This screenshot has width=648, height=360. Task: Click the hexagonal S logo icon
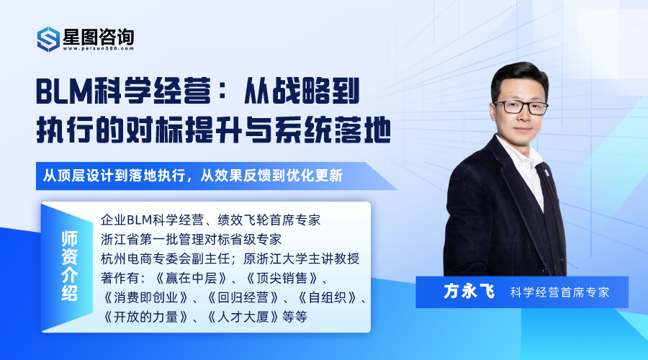point(48,40)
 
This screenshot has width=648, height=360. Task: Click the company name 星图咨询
point(99,37)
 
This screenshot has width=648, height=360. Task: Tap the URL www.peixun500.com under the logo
point(99,48)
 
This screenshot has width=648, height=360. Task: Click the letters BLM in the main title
point(63,91)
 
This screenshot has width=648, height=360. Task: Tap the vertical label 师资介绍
point(69,266)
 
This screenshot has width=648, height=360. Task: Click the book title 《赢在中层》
point(192,278)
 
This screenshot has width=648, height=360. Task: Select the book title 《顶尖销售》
point(282,278)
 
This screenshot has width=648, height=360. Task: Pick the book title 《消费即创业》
point(146,297)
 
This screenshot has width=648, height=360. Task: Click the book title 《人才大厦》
point(244,317)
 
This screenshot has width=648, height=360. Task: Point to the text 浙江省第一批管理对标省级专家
point(192,239)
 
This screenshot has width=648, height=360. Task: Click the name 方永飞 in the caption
point(469,292)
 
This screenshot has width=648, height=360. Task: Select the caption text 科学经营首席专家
point(559,292)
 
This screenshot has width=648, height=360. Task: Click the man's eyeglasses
point(521,107)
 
